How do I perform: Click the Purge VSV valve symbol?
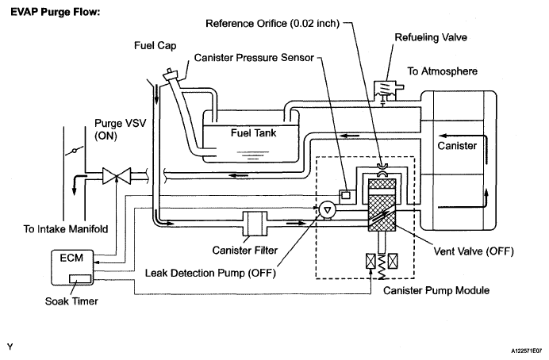click(117, 175)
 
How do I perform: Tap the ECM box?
click(72, 268)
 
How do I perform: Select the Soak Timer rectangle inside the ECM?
click(80, 278)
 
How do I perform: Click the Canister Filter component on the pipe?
click(255, 224)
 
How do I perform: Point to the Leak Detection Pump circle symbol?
click(328, 210)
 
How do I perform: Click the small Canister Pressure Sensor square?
click(346, 195)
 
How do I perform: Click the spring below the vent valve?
click(382, 266)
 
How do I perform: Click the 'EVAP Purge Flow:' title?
click(56, 12)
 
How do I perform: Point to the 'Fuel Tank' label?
click(254, 133)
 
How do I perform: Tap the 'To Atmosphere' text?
click(442, 71)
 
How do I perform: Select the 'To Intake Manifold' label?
click(66, 229)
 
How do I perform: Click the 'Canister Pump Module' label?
click(436, 290)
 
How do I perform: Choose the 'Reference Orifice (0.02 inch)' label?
click(272, 24)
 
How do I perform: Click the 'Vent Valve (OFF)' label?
click(474, 251)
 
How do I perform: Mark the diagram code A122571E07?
click(528, 350)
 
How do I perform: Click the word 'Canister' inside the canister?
click(457, 146)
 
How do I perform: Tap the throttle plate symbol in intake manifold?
click(75, 151)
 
